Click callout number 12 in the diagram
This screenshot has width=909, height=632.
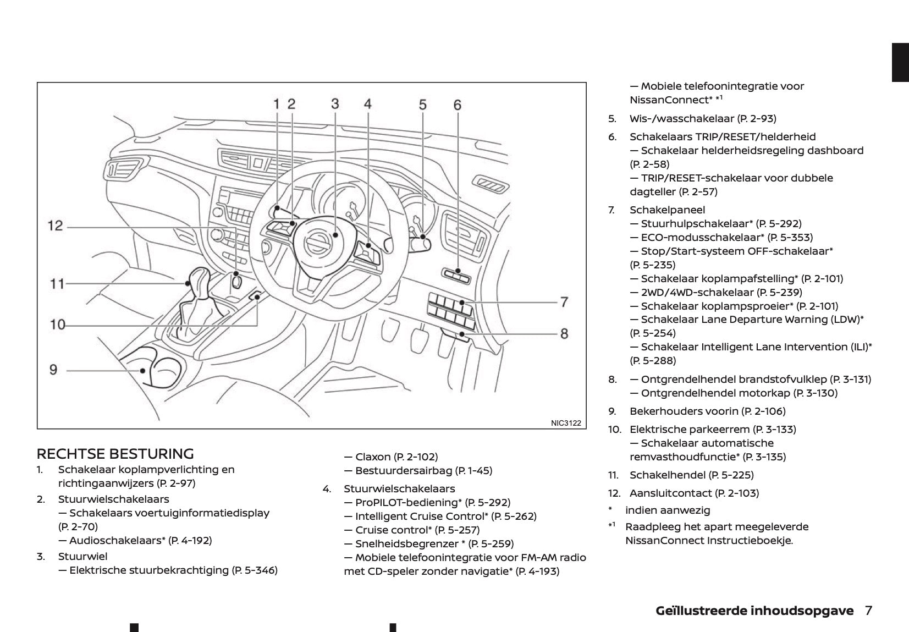coord(56,226)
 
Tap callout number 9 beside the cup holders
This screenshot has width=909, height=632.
coord(53,369)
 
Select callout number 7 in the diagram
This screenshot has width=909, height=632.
coord(564,301)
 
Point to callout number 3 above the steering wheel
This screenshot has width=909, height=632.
coord(335,103)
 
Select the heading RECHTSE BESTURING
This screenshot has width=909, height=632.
coord(115,454)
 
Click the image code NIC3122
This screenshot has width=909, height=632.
coord(565,423)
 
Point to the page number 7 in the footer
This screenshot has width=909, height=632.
coord(868,611)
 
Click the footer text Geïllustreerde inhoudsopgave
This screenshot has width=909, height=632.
coord(754,611)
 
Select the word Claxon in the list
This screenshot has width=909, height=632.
coord(373,457)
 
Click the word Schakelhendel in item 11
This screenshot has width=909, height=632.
coord(667,475)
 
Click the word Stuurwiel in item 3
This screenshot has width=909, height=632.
coord(82,556)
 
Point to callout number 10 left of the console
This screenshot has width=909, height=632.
coord(57,325)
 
